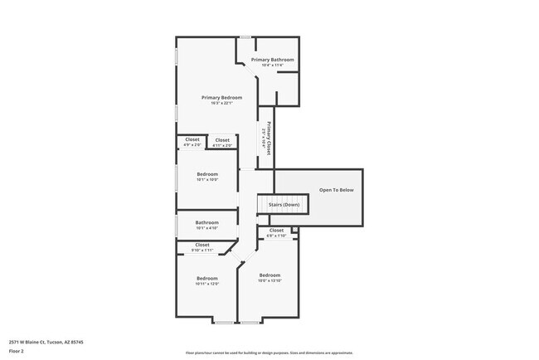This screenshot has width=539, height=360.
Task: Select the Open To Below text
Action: click(x=336, y=190)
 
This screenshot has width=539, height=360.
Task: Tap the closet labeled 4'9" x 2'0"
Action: click(x=192, y=139)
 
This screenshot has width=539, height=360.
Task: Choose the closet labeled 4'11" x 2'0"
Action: click(x=222, y=140)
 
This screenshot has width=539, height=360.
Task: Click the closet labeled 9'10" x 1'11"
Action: click(x=203, y=245)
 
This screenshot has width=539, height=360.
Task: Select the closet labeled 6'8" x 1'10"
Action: click(x=276, y=231)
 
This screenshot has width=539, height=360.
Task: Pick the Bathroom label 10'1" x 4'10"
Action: click(x=206, y=222)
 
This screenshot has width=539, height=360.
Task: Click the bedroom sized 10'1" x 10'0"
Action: click(x=206, y=174)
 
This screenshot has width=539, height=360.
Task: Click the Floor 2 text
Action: click(x=17, y=351)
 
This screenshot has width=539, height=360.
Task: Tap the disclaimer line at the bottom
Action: click(x=269, y=353)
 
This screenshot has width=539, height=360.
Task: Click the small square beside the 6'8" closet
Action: click(x=294, y=229)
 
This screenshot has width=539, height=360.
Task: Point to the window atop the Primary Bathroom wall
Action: click(x=245, y=36)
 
